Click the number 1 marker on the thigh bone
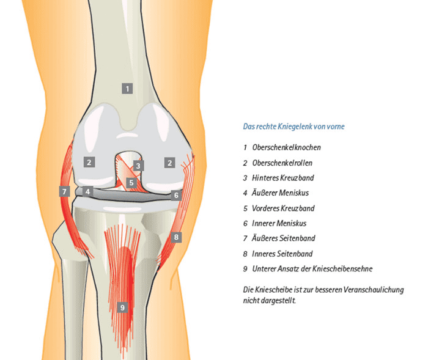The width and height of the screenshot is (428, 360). coord(127,89)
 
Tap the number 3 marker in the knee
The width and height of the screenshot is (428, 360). coord(138,166)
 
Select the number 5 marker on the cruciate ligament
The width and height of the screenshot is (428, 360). coord(131,183)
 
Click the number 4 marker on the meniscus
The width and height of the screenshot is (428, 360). coord(87,191)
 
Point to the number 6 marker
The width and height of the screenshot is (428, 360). coord(176,195)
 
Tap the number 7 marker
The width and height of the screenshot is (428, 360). coord(64,191)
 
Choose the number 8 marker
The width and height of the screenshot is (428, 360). coord(176,237)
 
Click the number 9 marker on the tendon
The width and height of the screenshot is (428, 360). coord(122,307)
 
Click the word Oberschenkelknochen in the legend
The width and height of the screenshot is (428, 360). coord(286,147)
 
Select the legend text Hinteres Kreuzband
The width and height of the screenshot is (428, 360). coord(282,178)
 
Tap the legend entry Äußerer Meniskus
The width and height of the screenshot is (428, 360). coord(280,193)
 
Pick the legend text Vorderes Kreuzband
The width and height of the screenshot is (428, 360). coord(283,208)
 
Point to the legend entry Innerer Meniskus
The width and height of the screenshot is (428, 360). coord(279,223)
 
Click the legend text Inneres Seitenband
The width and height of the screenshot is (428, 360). coord(282,254)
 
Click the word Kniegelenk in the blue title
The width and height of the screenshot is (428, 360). coord(295,127)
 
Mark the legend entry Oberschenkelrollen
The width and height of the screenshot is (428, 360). coord(282,163)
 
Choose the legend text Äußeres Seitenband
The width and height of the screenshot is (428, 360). coord(283,238)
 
